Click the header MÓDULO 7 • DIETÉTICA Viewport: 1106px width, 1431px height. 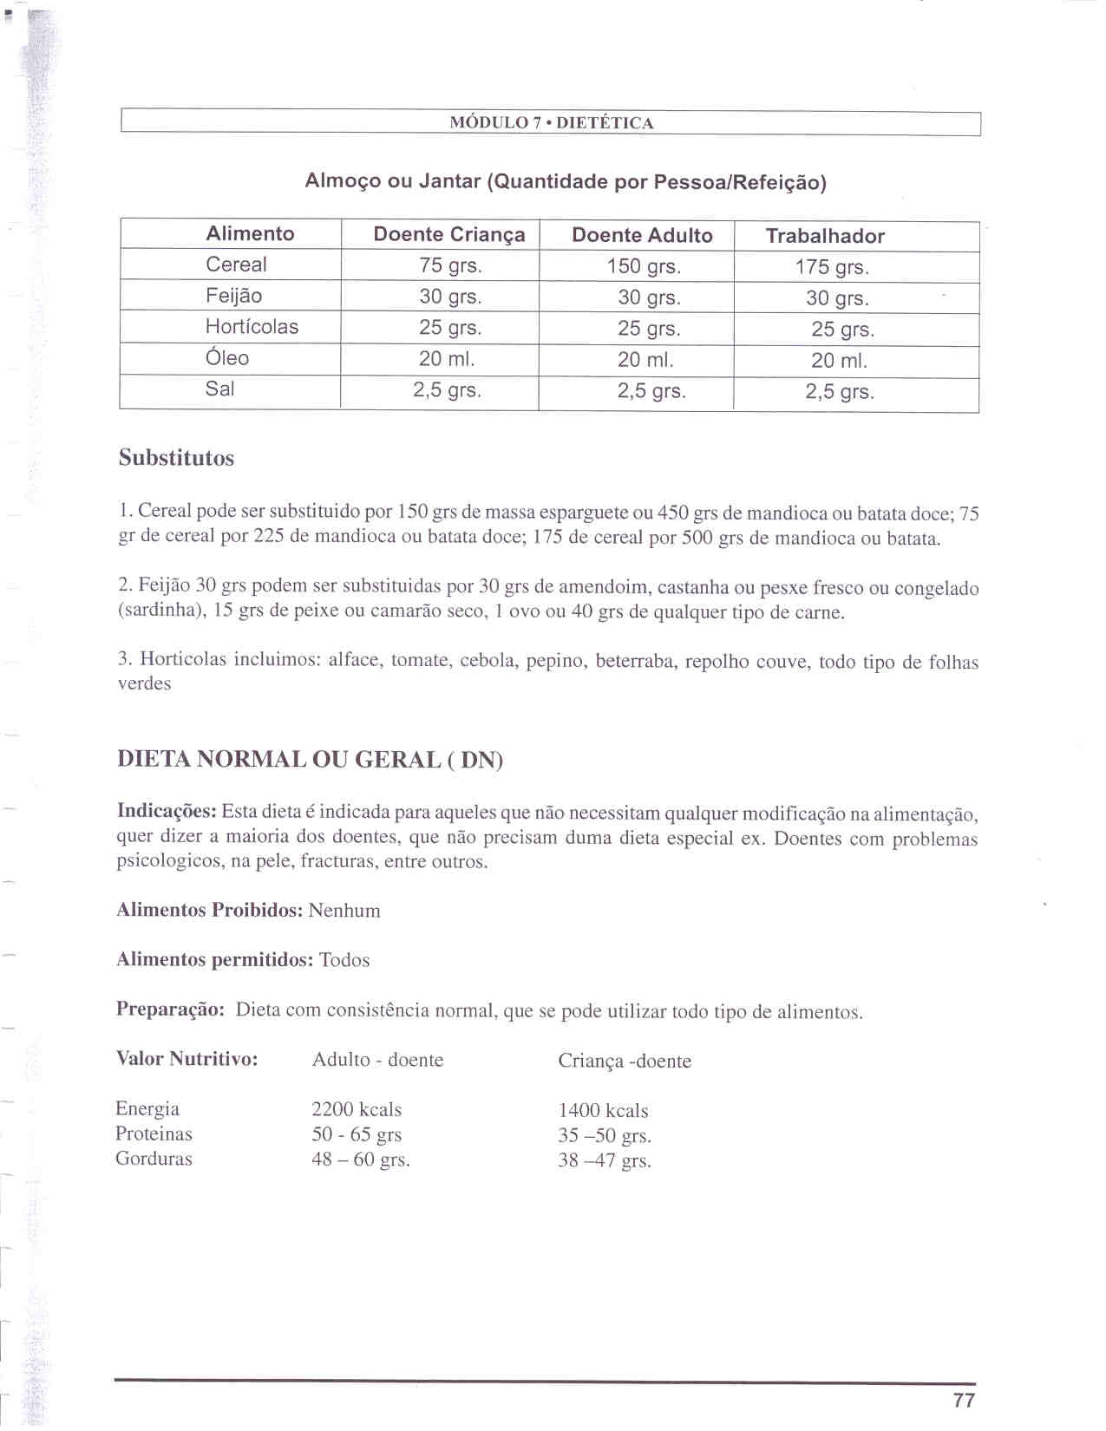tap(551, 122)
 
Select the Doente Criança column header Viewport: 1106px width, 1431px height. tap(448, 234)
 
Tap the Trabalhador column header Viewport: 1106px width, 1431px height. tap(825, 236)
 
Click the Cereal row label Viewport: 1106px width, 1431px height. tap(236, 265)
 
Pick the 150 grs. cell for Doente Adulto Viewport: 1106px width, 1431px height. tap(644, 266)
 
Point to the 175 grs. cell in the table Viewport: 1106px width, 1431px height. tap(832, 267)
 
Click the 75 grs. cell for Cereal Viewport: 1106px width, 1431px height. tap(450, 265)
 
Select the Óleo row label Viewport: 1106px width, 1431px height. tap(226, 357)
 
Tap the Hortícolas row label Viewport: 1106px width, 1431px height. tap(252, 327)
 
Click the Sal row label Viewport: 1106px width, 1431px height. tap(219, 389)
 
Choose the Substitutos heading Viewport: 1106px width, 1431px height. tap(176, 458)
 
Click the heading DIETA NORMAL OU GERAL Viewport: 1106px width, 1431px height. tap(310, 760)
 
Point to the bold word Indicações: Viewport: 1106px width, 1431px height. tap(167, 812)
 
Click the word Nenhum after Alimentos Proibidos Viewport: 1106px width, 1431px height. tap(344, 911)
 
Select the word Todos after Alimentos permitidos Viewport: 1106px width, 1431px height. tap(344, 960)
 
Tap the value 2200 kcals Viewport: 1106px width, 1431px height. tap(357, 1109)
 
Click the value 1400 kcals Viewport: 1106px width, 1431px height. tap(603, 1110)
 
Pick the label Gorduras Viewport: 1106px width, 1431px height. tap(154, 1159)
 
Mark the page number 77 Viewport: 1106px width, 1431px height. tap(964, 1400)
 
